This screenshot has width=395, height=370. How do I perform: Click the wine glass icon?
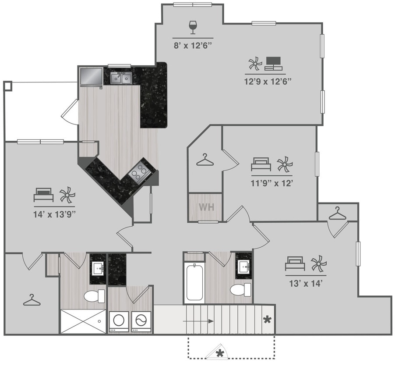tap(193, 27)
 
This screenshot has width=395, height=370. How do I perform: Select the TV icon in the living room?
tap(273, 63)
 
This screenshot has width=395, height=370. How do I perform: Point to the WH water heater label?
tap(207, 207)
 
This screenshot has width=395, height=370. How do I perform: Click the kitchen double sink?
tap(121, 78)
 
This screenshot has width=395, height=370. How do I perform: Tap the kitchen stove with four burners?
tap(140, 171)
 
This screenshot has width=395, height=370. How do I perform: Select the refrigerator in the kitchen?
tap(91, 76)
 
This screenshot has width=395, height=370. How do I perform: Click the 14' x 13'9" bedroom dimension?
tap(54, 214)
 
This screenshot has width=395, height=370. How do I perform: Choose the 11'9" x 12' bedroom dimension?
tap(272, 183)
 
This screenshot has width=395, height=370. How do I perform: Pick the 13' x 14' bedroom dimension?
tap(306, 283)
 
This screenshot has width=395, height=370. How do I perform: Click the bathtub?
tap(194, 283)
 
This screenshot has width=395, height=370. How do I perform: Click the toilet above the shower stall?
tap(95, 296)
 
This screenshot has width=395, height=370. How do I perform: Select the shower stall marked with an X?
tap(83, 321)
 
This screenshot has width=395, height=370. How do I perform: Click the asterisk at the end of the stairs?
tap(267, 320)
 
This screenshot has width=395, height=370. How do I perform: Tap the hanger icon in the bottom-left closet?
tap(32, 300)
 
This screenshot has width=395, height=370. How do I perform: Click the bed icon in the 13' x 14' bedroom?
tap(295, 263)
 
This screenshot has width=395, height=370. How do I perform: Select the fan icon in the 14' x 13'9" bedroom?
tap(68, 195)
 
